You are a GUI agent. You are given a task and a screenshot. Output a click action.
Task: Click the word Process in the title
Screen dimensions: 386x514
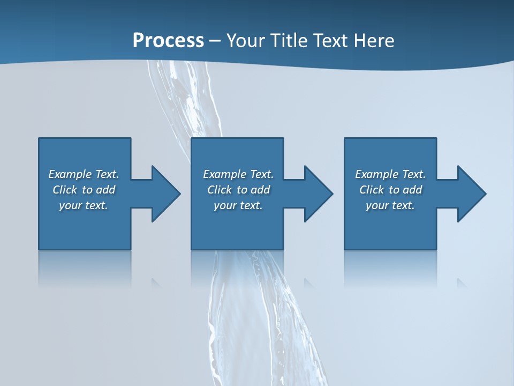[x=168, y=41]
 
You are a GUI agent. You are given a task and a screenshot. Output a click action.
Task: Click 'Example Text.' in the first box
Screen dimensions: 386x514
[x=84, y=174]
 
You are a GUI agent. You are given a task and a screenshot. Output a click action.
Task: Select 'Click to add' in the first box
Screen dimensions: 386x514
[x=84, y=190]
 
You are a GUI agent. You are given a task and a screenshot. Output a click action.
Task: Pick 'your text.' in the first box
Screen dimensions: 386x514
[x=84, y=205]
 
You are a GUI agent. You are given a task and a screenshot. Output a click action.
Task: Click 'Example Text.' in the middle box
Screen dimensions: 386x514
[x=238, y=174]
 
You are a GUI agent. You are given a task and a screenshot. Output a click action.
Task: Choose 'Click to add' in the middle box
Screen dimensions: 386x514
[x=238, y=190]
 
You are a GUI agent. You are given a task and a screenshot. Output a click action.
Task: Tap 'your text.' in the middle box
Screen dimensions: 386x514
[x=238, y=205]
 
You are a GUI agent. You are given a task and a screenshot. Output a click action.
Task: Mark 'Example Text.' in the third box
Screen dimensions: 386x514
[x=390, y=174]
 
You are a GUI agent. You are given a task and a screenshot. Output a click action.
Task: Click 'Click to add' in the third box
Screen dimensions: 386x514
[x=390, y=190]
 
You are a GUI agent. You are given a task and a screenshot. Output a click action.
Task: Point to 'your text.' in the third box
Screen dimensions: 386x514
[x=390, y=205]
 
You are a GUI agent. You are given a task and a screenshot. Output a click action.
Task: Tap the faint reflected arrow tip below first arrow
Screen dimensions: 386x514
[x=156, y=283]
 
